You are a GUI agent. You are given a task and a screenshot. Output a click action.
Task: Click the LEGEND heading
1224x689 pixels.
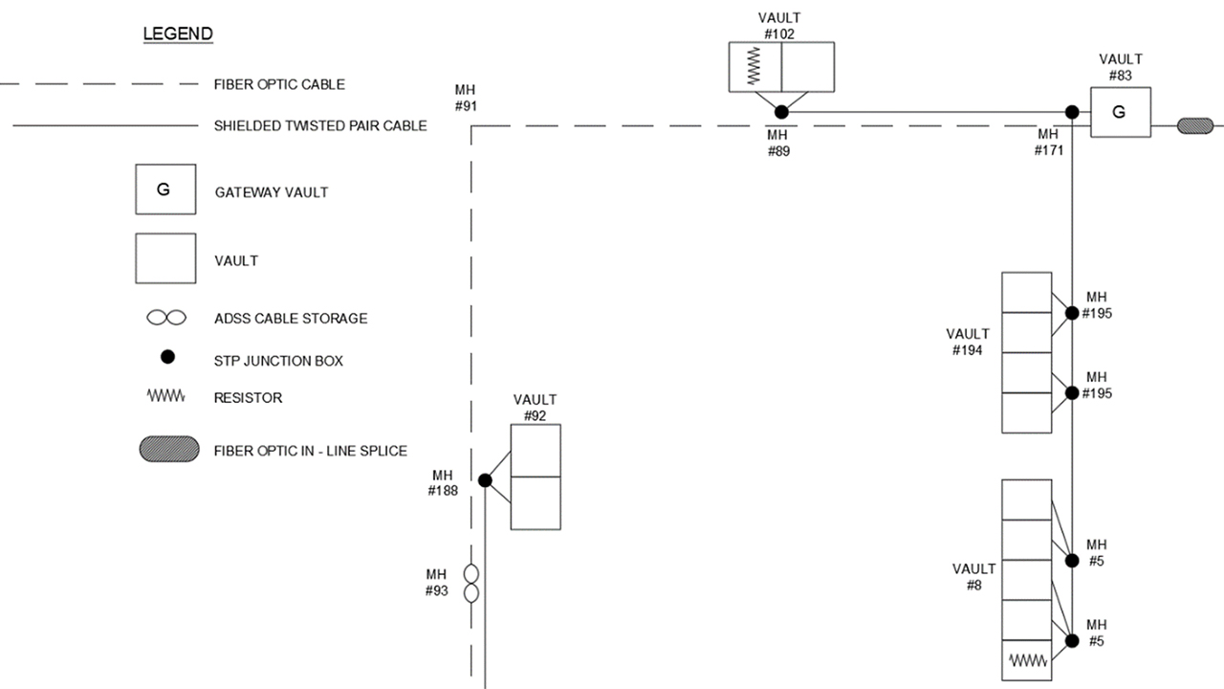coord(178,34)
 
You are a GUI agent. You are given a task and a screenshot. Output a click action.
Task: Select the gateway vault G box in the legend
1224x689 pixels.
coord(165,189)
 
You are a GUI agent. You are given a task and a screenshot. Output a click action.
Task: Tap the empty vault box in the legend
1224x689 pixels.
coord(165,258)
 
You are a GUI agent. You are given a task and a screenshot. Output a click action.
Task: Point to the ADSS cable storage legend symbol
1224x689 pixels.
coord(166,318)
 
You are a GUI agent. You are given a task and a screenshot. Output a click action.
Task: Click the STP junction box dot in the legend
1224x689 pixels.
coord(167,357)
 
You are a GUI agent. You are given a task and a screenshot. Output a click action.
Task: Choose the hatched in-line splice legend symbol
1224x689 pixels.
coord(169,449)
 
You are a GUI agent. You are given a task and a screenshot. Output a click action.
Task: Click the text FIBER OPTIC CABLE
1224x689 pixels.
coord(279,84)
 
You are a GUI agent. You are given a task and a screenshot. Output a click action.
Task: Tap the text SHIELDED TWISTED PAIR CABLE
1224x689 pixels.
coord(320,125)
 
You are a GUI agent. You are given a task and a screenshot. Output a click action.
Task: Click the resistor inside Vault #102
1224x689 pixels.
coord(754,67)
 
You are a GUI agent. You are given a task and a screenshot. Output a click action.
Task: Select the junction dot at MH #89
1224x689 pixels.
coord(781,112)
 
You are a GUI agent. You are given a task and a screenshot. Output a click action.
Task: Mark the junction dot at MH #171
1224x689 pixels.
coord(1073,112)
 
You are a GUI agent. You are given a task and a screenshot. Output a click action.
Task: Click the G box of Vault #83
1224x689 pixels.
coord(1120,112)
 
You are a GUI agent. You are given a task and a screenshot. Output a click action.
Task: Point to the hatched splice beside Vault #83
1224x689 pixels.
coord(1194,125)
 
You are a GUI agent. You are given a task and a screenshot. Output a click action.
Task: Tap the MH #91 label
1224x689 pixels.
coord(466,99)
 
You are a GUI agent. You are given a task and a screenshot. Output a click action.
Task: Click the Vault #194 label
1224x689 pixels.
coord(968,343)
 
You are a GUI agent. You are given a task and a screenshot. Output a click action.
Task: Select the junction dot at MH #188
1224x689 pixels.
coord(485,480)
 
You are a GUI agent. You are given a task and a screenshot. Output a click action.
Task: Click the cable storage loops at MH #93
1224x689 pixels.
coord(471,584)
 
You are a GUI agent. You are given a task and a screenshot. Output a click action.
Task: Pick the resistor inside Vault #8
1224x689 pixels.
coord(1028,660)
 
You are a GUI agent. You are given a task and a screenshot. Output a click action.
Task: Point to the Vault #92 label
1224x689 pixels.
coord(535,408)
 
